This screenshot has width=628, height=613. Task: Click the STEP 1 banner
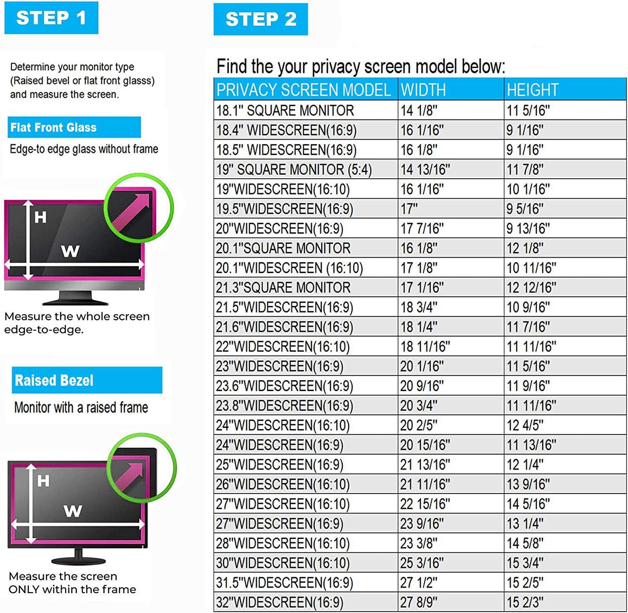click(51, 18)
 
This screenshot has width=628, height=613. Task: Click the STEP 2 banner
click(260, 19)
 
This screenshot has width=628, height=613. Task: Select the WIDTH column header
click(423, 90)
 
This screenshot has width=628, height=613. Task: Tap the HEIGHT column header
click(532, 90)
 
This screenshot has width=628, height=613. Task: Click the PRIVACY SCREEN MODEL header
click(304, 90)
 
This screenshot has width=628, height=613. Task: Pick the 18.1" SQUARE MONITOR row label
click(285, 110)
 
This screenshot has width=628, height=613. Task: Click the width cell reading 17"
click(409, 209)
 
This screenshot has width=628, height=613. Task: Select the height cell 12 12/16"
click(531, 288)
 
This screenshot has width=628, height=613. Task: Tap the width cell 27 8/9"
click(418, 602)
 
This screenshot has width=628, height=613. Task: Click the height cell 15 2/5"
click(525, 583)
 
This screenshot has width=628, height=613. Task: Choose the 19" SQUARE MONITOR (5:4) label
click(294, 170)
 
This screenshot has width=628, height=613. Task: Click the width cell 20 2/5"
click(418, 425)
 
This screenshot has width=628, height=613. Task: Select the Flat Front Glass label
click(54, 128)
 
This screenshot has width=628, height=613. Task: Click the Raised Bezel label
click(54, 380)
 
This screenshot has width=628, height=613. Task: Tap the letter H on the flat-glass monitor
click(40, 217)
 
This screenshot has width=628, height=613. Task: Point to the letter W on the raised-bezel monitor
click(73, 511)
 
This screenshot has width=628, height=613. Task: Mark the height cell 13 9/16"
click(528, 485)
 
